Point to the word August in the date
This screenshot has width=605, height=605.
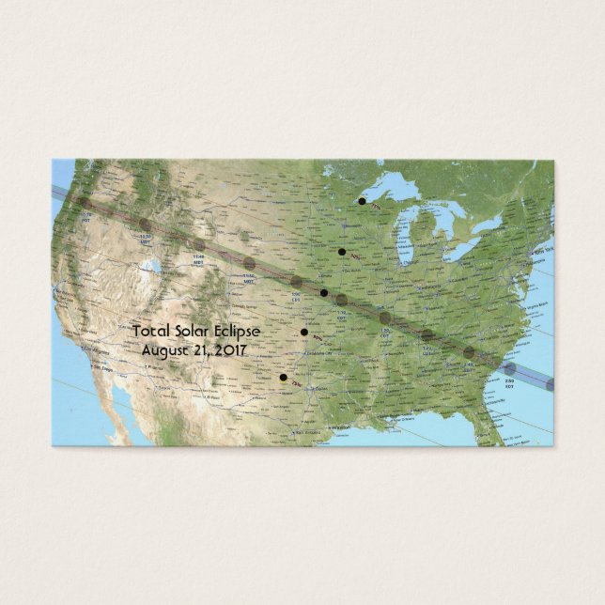pyautogui.click(x=163, y=349)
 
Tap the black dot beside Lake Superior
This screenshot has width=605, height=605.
pyautogui.click(x=362, y=201)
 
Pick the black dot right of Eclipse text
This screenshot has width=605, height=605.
pyautogui.click(x=303, y=332)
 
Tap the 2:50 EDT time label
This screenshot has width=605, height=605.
pyautogui.click(x=509, y=384)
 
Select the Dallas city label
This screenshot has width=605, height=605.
pyautogui.click(x=310, y=388)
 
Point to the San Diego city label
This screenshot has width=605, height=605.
pyautogui.click(x=103, y=368)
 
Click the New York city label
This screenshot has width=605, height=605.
pyautogui.click(x=543, y=254)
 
